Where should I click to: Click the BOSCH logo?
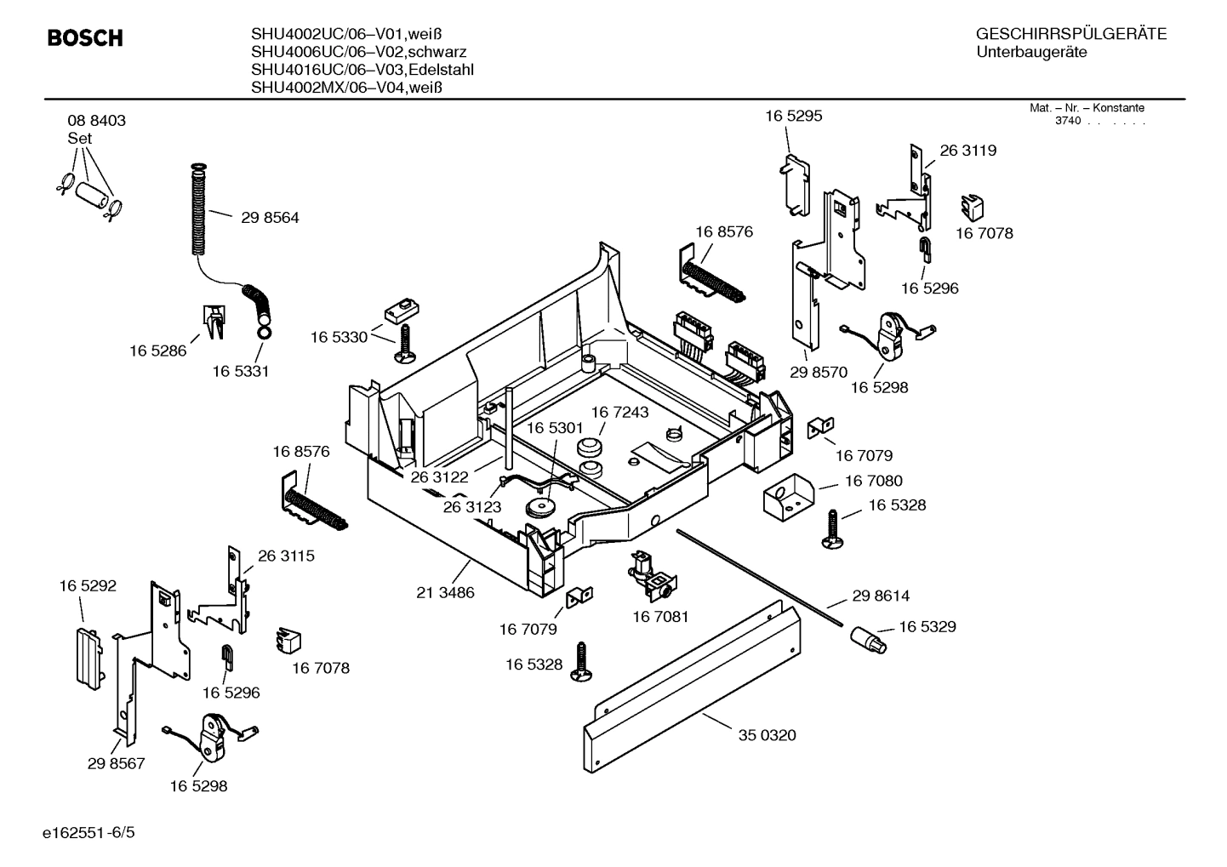pyautogui.click(x=85, y=38)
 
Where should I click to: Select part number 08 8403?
pyautogui.click(x=96, y=121)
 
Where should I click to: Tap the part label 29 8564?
pyautogui.click(x=270, y=218)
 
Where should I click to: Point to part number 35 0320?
pyautogui.click(x=767, y=735)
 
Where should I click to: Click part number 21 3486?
pyautogui.click(x=445, y=592)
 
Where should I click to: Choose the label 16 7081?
pyautogui.click(x=660, y=616)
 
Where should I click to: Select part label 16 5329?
pyautogui.click(x=927, y=626)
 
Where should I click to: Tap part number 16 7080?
pyautogui.click(x=873, y=482)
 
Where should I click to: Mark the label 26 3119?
pyautogui.click(x=967, y=151)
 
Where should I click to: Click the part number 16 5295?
pyautogui.click(x=793, y=116)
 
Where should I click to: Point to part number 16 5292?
pyautogui.click(x=88, y=585)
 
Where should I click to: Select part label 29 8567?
pyautogui.click(x=116, y=763)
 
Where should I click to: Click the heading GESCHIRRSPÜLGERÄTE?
pyautogui.click(x=1070, y=35)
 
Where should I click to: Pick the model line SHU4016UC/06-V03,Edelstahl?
pyautogui.click(x=362, y=70)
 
